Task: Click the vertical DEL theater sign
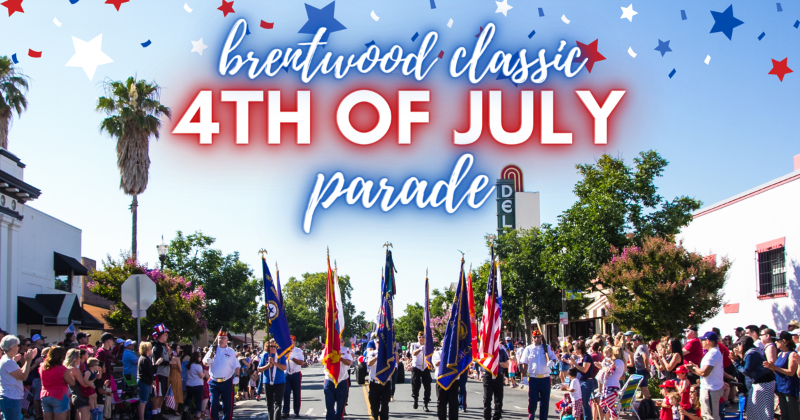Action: pos(506,204)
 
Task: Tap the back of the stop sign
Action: pos(139,293)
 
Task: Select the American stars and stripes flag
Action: pos(490,320)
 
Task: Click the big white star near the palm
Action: pos(89,56)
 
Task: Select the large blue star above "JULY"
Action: pos(726,21)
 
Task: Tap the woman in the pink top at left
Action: pos(55,383)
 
